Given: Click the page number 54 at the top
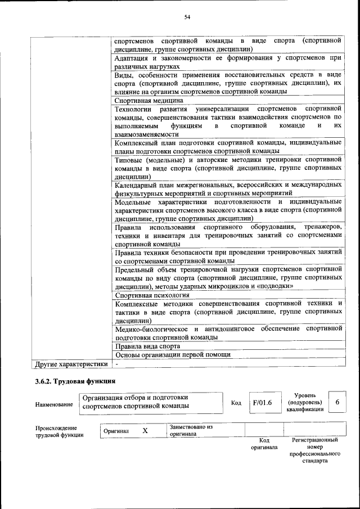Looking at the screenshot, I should [187, 18].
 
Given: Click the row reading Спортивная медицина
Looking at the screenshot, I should [148, 101].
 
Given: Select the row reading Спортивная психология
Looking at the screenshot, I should [152, 295].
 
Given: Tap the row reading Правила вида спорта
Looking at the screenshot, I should [147, 346].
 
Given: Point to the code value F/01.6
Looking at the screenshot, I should [262, 403].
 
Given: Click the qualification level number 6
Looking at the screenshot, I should [337, 403].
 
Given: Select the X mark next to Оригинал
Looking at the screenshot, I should [145, 431].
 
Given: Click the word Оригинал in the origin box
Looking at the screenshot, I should [116, 431].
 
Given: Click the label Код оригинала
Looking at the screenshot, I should [264, 444].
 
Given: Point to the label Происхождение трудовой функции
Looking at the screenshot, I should [59, 431].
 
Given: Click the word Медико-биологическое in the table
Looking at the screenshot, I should [153, 328].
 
